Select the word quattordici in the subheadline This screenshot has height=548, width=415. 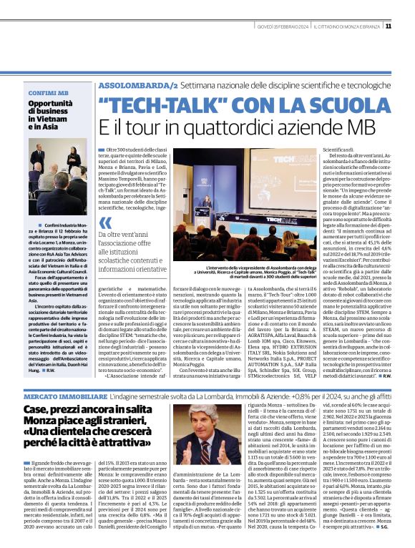[237, 127]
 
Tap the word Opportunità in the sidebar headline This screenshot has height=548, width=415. [51, 104]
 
